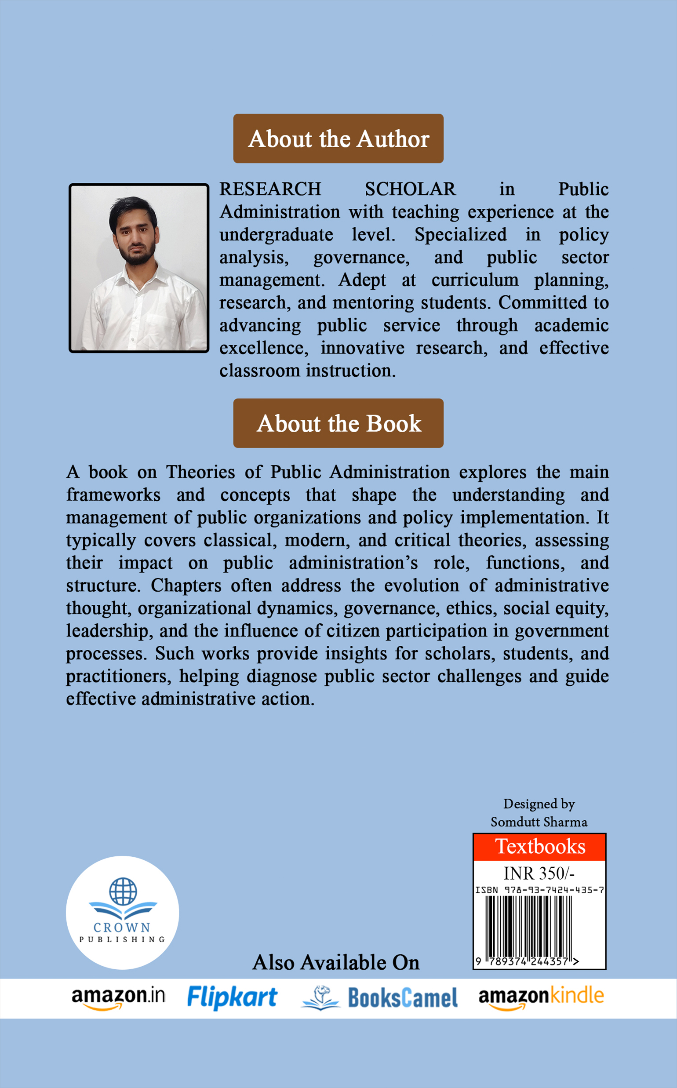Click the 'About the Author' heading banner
click(x=338, y=138)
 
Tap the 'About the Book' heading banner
click(x=338, y=423)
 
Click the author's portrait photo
click(x=139, y=268)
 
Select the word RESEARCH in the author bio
click(x=270, y=189)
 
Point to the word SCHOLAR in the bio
click(x=410, y=189)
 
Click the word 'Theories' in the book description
click(x=200, y=472)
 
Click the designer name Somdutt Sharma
click(x=539, y=822)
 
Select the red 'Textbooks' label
click(x=539, y=847)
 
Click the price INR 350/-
click(x=539, y=873)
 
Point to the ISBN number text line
click(x=539, y=890)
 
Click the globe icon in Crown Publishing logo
click(x=123, y=891)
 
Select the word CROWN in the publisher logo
click(x=122, y=927)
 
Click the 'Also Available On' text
click(x=336, y=963)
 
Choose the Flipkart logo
click(x=232, y=998)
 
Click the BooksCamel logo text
click(x=402, y=998)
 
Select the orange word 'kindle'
click(x=577, y=995)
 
